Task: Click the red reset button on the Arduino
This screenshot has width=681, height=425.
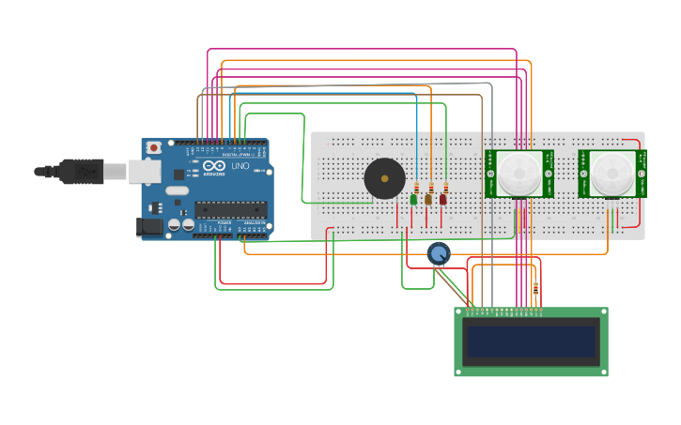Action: [x=153, y=148]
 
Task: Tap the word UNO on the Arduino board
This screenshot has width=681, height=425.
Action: [x=240, y=166]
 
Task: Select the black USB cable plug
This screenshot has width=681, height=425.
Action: [x=81, y=171]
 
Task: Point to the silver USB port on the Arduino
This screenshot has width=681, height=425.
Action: [x=144, y=171]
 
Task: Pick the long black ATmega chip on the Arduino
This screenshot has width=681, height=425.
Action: [x=230, y=210]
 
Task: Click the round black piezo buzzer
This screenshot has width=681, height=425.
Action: [x=384, y=178]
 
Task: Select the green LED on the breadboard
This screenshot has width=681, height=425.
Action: [x=413, y=199]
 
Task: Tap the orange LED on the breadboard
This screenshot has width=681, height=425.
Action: [x=428, y=199]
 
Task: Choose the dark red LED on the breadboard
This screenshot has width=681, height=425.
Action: [x=443, y=199]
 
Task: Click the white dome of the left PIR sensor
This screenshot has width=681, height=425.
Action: [x=518, y=173]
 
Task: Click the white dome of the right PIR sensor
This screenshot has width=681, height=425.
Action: [x=612, y=173]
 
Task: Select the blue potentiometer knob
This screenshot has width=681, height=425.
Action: [x=439, y=252]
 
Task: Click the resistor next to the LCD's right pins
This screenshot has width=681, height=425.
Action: [x=535, y=289]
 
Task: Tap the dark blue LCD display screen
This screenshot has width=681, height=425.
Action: [x=532, y=342]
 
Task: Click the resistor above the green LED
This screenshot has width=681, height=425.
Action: [x=416, y=187]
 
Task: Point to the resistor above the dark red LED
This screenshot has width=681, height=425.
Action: [x=446, y=187]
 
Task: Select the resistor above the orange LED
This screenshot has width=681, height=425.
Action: [x=431, y=187]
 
